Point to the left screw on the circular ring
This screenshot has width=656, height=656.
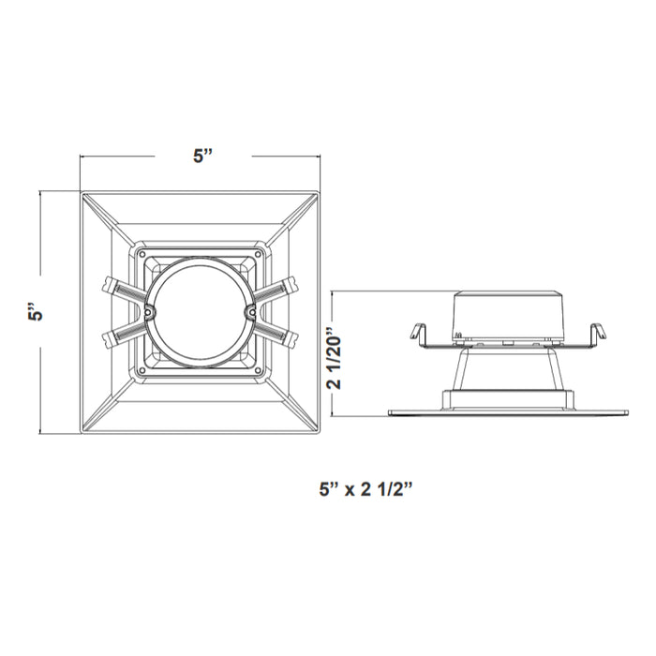click(148, 312)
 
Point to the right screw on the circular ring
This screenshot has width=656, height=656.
click(250, 312)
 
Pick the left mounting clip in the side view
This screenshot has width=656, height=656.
click(418, 333)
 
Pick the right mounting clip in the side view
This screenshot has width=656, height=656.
click(594, 333)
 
